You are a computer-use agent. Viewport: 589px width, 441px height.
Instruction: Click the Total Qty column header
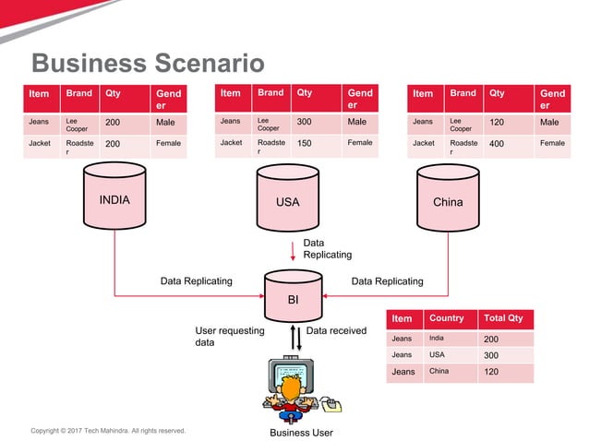[x=505, y=318]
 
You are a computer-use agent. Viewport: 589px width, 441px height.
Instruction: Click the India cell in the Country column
[x=451, y=339]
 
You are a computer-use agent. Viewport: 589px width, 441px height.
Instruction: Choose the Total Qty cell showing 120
[x=505, y=372]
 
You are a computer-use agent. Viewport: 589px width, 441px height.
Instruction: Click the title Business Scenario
[x=148, y=63]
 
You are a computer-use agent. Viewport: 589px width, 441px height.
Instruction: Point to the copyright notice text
[x=108, y=430]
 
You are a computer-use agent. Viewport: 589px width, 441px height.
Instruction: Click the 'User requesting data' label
[x=229, y=336]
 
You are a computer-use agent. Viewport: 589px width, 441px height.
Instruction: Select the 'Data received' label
[x=336, y=330]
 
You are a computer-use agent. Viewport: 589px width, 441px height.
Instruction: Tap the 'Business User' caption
[x=301, y=433]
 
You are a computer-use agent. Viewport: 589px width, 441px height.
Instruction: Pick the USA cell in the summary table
[x=451, y=355]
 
